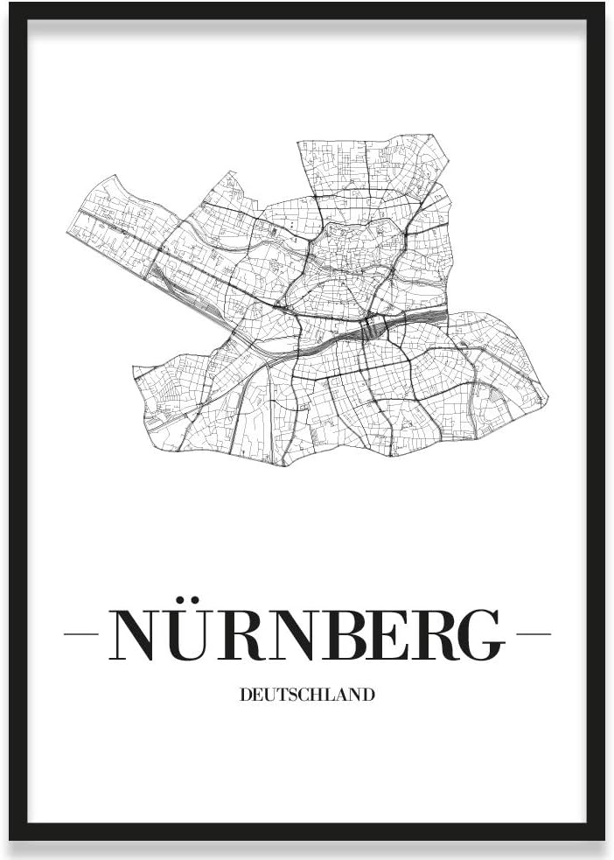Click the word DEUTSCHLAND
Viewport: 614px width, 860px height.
(x=307, y=695)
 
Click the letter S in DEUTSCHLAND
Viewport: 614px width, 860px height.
(x=285, y=695)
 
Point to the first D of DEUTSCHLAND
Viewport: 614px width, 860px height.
(x=244, y=695)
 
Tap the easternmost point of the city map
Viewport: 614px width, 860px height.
(x=548, y=401)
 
